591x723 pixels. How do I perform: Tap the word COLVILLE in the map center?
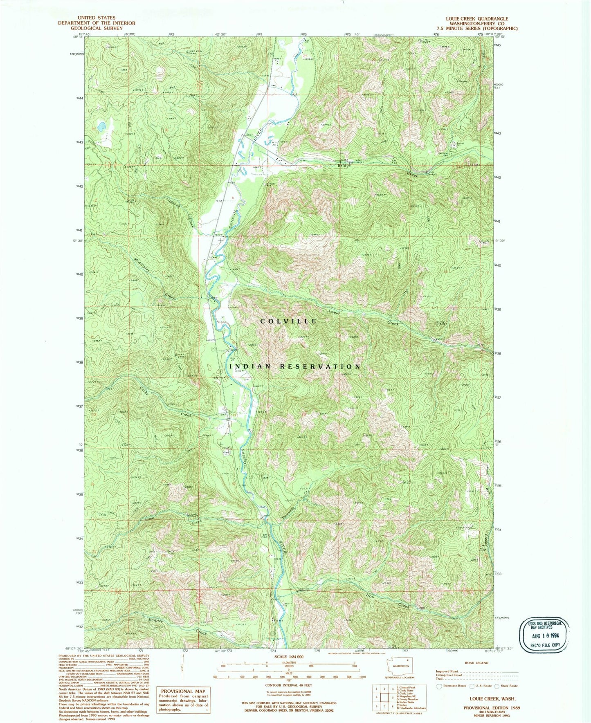tap(289, 321)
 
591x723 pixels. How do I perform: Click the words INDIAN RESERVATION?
tap(295, 366)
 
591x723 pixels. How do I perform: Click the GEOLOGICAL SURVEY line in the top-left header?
tap(97, 29)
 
